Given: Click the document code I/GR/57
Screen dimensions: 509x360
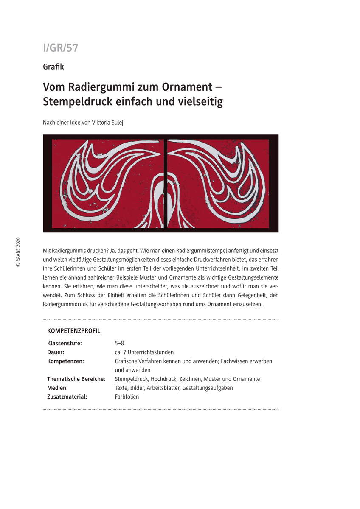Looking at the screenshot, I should (x=61, y=48).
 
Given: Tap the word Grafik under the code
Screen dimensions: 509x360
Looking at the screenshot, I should (x=53, y=67).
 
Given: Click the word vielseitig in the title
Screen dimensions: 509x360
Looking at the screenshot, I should (x=198, y=102).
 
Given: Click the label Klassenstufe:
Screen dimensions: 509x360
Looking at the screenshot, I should (x=65, y=343).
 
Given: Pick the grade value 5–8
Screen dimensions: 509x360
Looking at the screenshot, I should (x=119, y=343).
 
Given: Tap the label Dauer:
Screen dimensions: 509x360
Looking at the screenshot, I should (x=56, y=352).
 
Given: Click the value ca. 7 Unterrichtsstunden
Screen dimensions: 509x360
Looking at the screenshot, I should (x=144, y=352).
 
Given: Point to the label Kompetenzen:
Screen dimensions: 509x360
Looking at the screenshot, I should (x=65, y=361).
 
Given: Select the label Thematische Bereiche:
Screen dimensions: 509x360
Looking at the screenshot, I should (x=76, y=379).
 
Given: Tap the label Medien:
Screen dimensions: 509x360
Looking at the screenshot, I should (x=58, y=388).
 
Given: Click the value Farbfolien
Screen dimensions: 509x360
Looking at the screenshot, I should (x=127, y=397).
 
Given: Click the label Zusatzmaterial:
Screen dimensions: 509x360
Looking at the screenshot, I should (x=67, y=397).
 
